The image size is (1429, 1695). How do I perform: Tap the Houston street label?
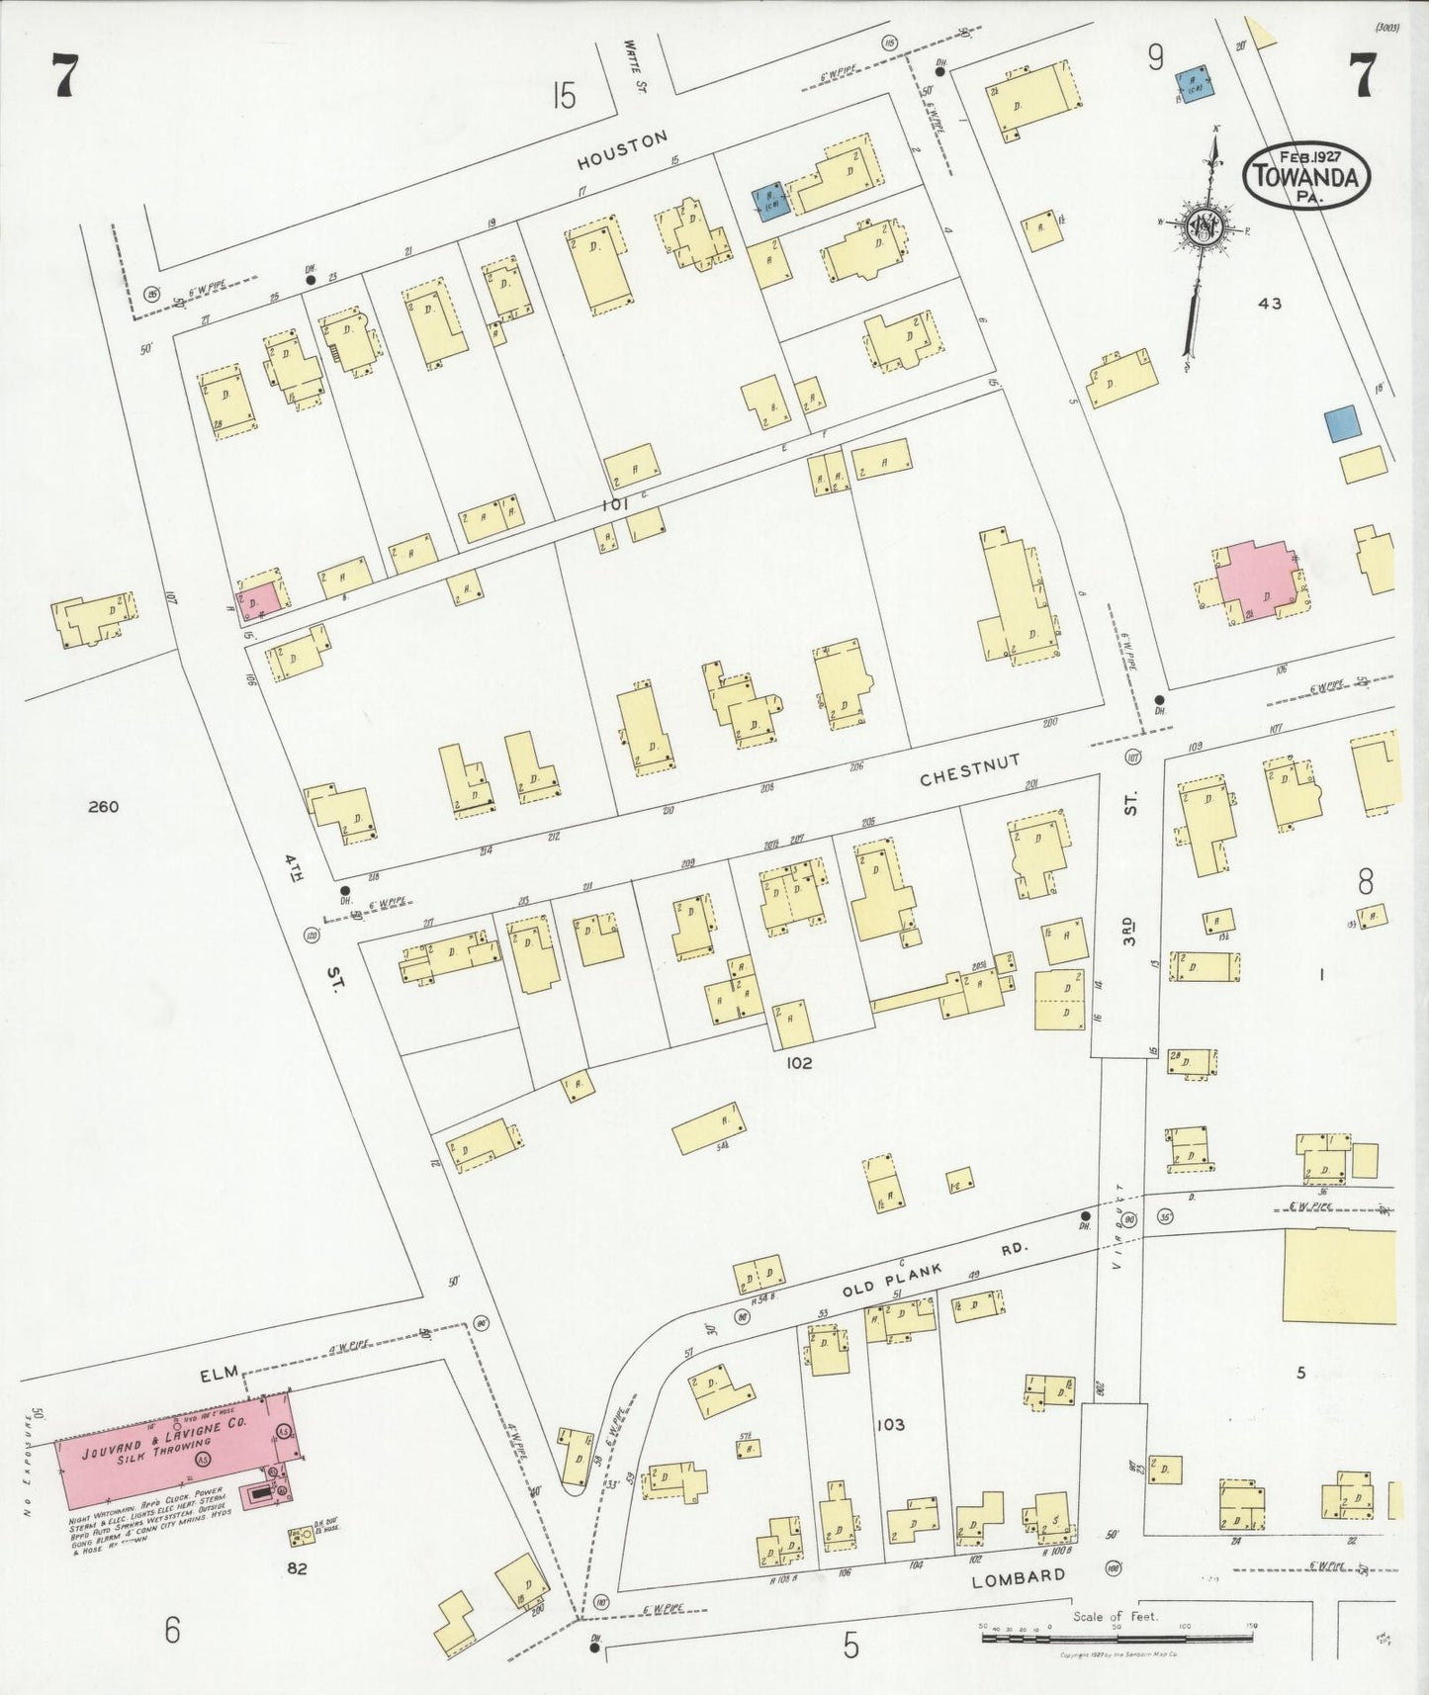tap(623, 149)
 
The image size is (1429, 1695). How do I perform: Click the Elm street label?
tap(219, 1373)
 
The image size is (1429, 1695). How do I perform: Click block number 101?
tap(615, 504)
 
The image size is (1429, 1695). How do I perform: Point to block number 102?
tap(798, 1063)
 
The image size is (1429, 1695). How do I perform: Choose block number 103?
tap(890, 1424)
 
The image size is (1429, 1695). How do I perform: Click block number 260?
tap(103, 806)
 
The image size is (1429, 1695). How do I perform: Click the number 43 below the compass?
tap(1270, 304)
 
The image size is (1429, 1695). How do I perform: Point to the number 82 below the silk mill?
tap(297, 1568)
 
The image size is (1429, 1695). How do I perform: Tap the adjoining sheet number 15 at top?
tap(564, 96)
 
